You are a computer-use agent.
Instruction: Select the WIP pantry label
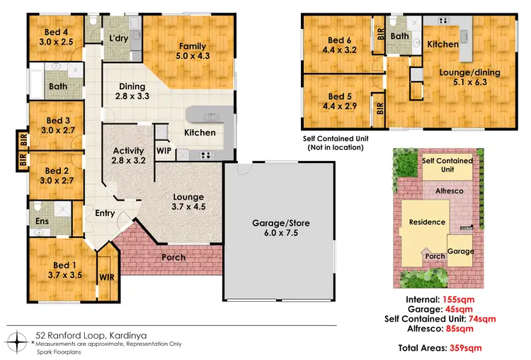164,151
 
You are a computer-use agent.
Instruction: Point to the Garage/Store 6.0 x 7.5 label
280,229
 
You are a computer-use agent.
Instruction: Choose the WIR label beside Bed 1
106,276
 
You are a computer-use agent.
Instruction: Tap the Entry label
105,213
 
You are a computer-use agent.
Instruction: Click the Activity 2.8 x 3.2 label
128,156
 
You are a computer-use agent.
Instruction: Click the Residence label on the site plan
427,222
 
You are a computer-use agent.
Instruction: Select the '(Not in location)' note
335,147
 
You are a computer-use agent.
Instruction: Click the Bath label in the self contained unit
400,36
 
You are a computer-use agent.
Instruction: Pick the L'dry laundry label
118,38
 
